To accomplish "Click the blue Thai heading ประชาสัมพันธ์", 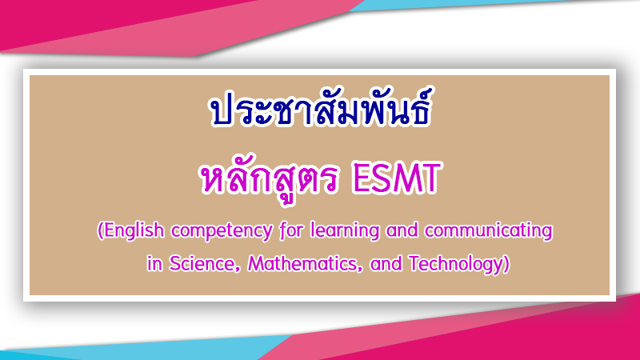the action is click(321, 108).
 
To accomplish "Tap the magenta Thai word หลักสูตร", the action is click(270, 178).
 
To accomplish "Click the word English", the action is click(131, 230).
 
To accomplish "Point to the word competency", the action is click(222, 231).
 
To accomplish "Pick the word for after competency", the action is click(292, 230).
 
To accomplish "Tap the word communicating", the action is click(489, 231).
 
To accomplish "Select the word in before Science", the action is click(154, 264).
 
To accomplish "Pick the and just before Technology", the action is click(386, 264).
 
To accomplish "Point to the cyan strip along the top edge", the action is click(470, 4).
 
